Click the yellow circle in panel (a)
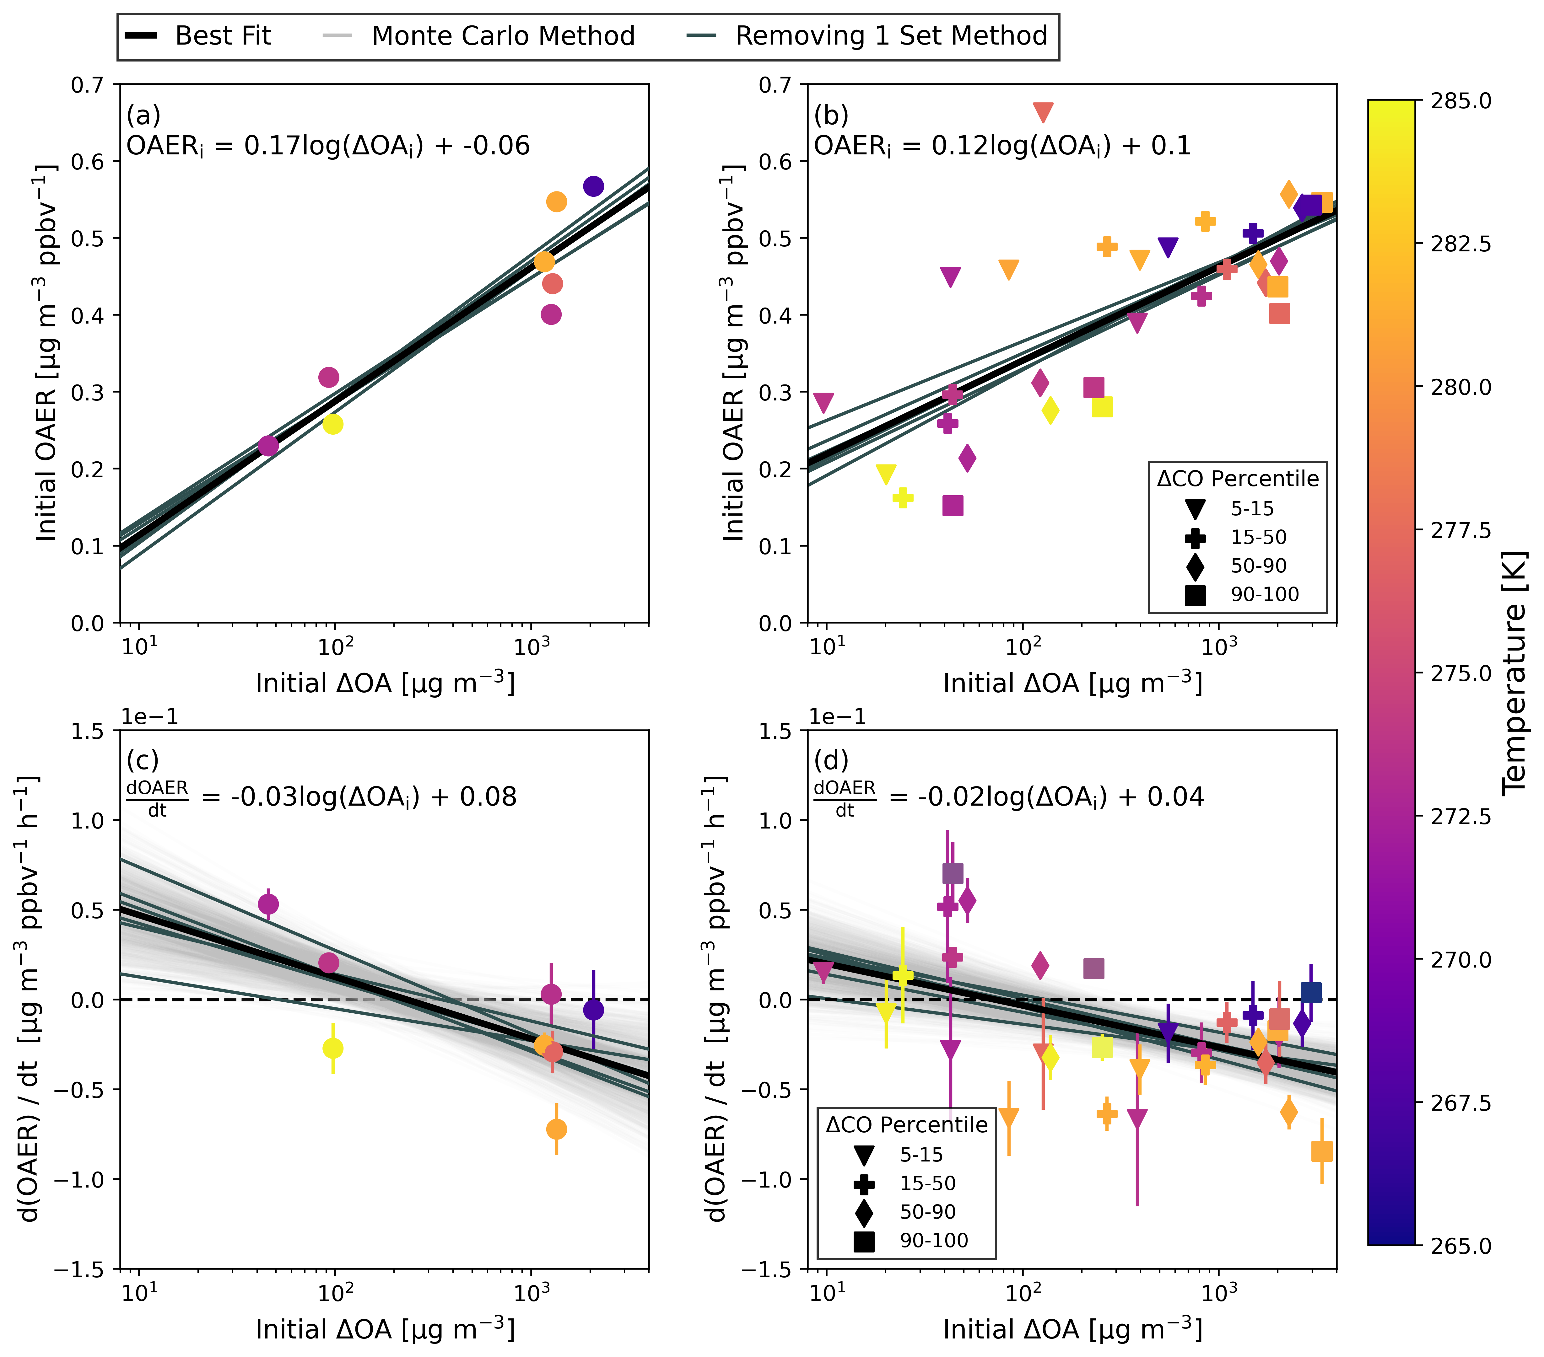tap(332, 424)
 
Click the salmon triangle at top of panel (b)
tap(1042, 113)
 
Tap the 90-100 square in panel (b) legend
tap(1195, 595)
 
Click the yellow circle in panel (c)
tap(332, 1048)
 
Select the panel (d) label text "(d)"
tap(831, 760)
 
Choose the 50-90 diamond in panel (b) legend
tap(1195, 566)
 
